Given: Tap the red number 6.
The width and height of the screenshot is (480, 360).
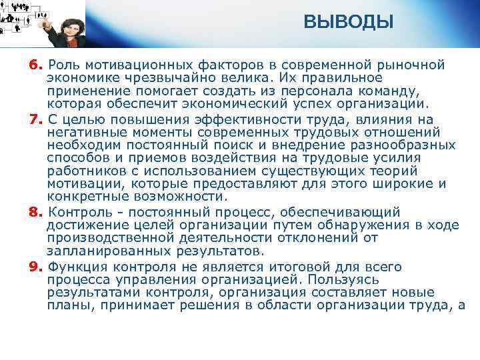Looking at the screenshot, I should click(34, 65).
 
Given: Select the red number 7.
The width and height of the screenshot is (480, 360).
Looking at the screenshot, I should click(34, 120).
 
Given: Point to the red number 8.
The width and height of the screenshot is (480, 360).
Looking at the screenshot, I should click(34, 213).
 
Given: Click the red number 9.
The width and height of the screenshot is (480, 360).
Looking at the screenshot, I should click(34, 267).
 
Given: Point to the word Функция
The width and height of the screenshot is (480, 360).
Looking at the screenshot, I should click(76, 267).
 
